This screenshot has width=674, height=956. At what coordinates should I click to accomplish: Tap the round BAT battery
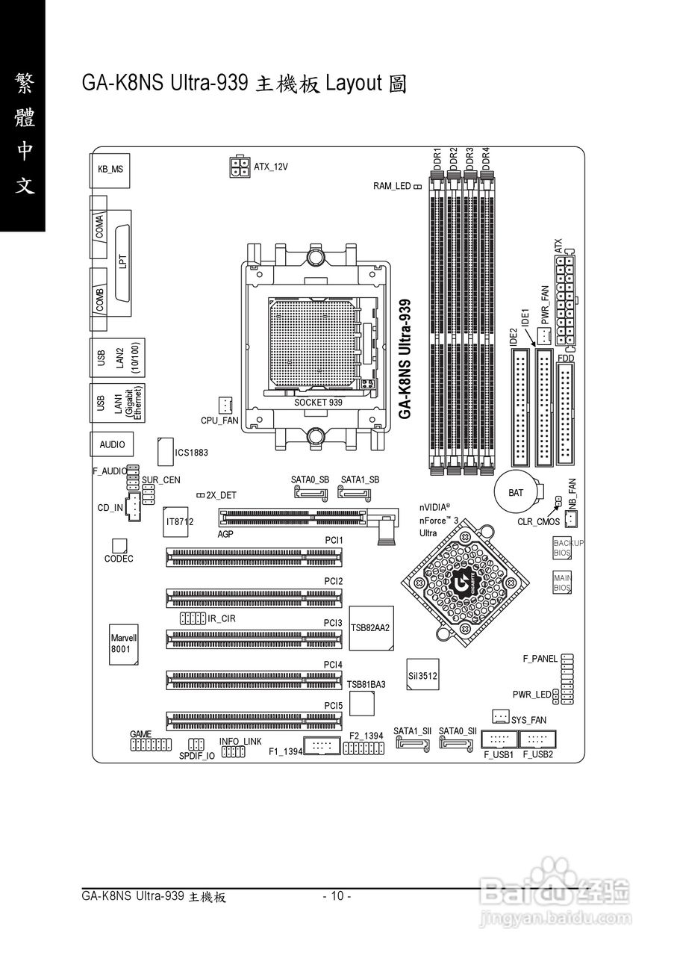(x=516, y=492)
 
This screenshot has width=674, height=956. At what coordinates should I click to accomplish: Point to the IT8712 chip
(x=179, y=521)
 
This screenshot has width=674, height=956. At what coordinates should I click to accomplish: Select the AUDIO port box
(x=112, y=444)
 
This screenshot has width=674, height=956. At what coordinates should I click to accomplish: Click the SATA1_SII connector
(x=413, y=744)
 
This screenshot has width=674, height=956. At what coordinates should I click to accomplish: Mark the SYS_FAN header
(x=501, y=717)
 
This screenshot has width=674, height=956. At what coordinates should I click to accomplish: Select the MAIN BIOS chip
(x=562, y=583)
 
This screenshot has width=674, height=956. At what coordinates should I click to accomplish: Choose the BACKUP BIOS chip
(x=562, y=548)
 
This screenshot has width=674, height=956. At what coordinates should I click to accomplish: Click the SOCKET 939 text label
(x=318, y=402)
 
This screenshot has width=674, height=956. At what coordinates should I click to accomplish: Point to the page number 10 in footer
(x=337, y=896)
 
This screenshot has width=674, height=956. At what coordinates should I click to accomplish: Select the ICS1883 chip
(x=166, y=452)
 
